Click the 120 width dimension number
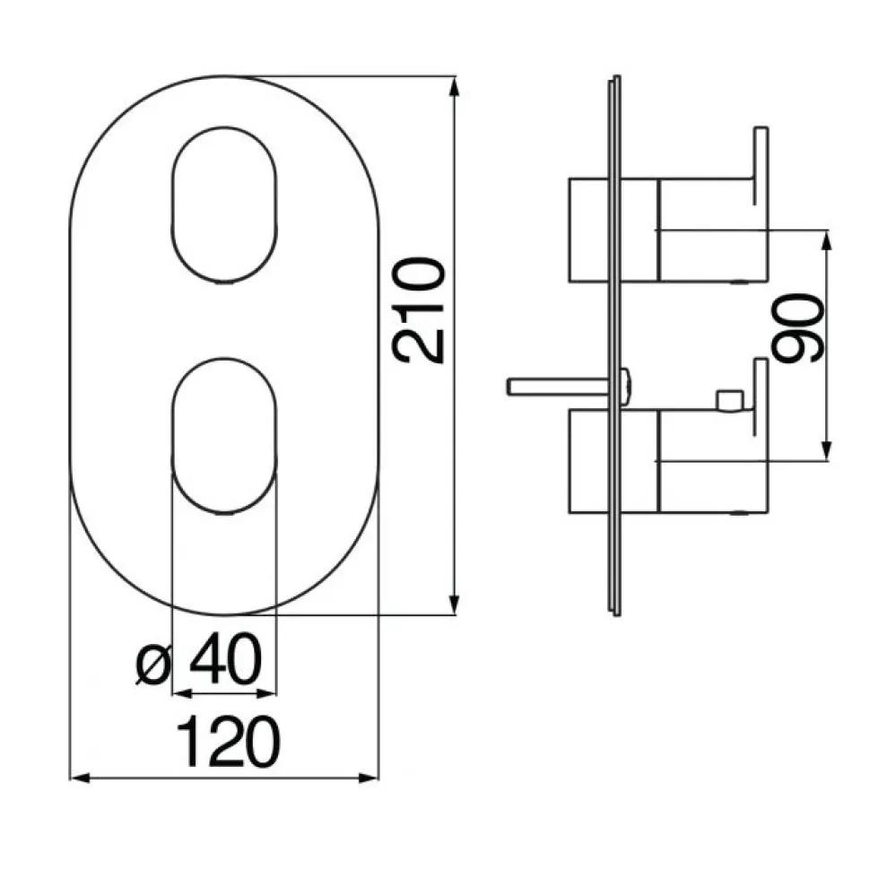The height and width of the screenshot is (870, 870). click(228, 742)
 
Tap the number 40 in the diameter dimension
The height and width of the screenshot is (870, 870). click(225, 660)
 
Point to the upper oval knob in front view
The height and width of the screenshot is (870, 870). click(223, 205)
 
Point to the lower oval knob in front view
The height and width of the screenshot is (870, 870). click(223, 435)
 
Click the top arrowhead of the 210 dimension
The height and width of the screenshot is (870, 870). click(455, 88)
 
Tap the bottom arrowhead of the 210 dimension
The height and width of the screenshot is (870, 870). click(455, 604)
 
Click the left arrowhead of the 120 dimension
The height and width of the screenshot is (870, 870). click(81, 779)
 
